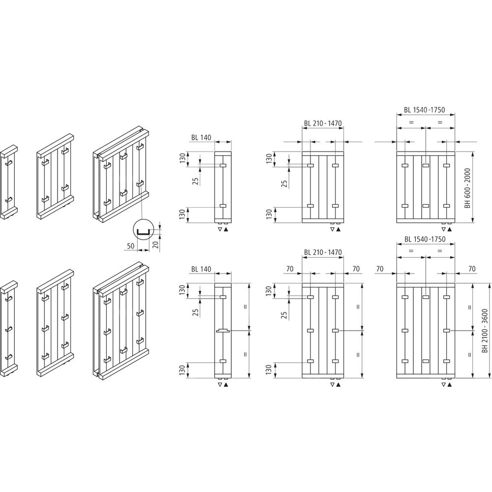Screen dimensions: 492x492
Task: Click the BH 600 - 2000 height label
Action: (468, 188)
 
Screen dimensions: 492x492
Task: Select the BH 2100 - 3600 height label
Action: (485, 331)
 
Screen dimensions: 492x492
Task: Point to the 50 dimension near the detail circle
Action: (130, 246)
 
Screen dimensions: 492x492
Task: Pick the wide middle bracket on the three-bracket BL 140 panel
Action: (223, 331)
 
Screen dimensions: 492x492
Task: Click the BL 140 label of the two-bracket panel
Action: (201, 137)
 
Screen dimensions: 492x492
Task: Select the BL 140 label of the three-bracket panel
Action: (201, 269)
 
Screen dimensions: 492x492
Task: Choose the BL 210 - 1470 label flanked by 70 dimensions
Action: (323, 252)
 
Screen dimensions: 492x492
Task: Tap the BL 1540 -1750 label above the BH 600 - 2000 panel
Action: (424, 110)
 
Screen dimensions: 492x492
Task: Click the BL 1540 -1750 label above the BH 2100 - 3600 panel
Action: (425, 239)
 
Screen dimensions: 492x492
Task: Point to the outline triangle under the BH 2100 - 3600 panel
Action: (444, 385)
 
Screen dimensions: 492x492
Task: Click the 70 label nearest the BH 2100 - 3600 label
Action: (472, 269)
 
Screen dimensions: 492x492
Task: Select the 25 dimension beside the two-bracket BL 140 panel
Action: (196, 181)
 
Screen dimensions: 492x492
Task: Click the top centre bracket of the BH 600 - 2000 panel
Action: (426, 165)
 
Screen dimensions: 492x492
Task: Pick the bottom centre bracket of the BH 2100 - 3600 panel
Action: (426, 361)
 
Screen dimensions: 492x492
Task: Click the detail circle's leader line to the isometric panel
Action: (142, 204)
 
